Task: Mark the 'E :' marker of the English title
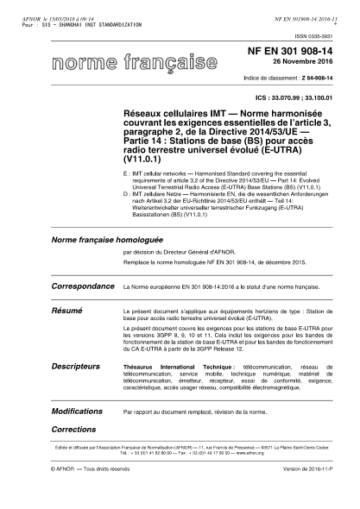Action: click(x=128, y=173)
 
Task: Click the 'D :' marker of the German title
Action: click(x=128, y=196)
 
